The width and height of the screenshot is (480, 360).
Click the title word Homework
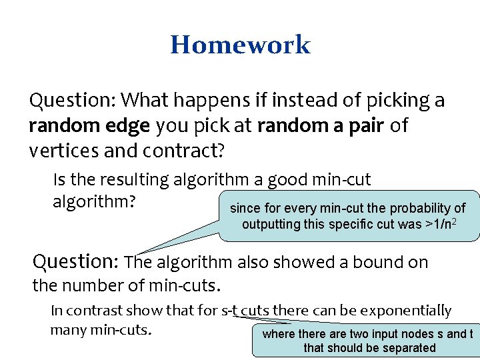pyautogui.click(x=240, y=45)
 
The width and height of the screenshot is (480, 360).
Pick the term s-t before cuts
pyautogui.click(x=229, y=311)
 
